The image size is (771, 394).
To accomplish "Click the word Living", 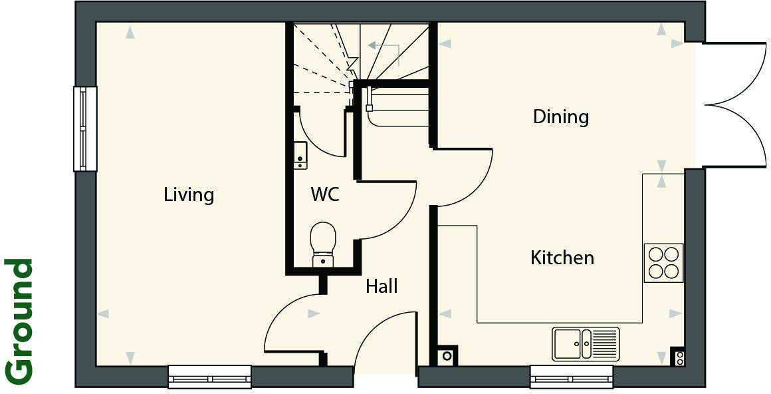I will [189, 195].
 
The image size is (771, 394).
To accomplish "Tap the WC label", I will [325, 195].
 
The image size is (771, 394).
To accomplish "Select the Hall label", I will [382, 286].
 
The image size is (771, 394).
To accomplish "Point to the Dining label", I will [561, 117].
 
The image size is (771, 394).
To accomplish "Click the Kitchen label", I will [562, 258].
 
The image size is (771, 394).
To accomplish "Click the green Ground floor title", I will [19, 321].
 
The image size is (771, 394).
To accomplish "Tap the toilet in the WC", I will [323, 244].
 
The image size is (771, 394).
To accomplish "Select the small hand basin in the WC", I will [300, 155].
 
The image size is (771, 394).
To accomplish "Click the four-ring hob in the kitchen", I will [663, 263].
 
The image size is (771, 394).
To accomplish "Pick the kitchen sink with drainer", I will [585, 343].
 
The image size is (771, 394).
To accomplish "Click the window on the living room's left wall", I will [84, 129].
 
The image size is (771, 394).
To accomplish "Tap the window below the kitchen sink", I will [571, 377].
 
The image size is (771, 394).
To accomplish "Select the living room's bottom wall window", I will [209, 377].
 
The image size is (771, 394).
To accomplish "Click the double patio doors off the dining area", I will [734, 105].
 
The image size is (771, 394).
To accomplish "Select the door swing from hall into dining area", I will [464, 177].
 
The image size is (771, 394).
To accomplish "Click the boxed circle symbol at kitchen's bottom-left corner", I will [447, 356].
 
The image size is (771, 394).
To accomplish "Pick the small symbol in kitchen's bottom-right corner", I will [678, 357].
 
